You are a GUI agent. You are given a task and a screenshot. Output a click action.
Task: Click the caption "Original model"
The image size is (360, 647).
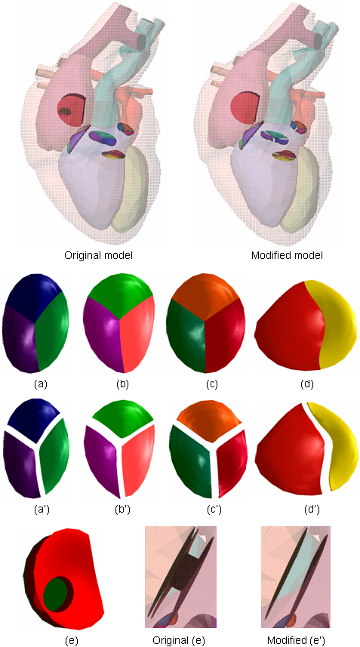point(98,256)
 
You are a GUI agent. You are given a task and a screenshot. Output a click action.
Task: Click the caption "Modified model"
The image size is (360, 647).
point(287,256)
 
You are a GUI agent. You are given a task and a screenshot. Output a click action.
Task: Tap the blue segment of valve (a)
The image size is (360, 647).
point(32,291)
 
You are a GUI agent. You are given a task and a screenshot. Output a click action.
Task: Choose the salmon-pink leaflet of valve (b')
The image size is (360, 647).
point(140,460)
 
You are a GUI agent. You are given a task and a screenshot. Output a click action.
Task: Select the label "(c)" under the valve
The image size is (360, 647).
point(212,384)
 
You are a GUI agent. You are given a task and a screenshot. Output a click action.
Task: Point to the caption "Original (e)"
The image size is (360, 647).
point(180,640)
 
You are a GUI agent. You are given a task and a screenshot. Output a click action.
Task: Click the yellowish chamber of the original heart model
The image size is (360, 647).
point(131,188)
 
